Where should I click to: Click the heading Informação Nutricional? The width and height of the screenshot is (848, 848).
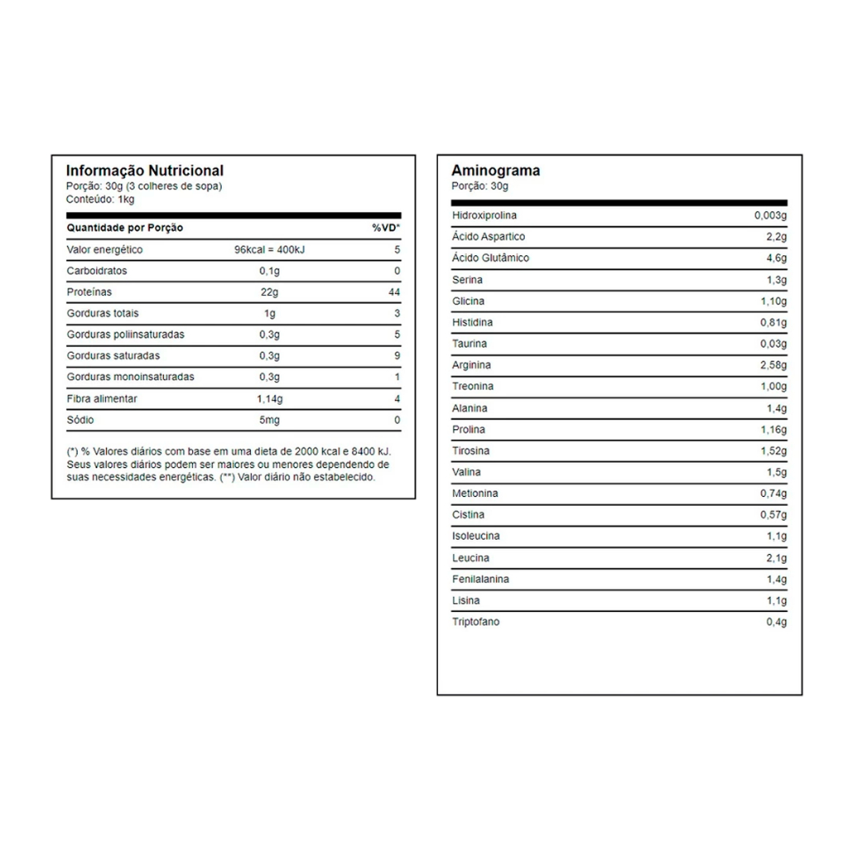point(144,171)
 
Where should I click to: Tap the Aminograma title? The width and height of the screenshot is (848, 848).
point(495,171)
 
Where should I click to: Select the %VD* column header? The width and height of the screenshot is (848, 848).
point(386,228)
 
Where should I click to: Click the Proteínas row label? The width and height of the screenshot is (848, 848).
point(89,292)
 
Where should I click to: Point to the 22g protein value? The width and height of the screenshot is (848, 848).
point(269,292)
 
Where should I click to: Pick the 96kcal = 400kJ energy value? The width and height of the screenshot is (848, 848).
point(269,249)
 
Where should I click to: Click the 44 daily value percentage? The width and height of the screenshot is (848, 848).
point(394,292)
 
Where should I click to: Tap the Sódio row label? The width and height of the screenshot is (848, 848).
point(80,420)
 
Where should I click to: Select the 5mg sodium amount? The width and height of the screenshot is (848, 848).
point(269,420)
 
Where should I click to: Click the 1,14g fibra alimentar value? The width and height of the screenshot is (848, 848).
point(269,398)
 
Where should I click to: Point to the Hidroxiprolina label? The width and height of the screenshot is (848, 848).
point(484,215)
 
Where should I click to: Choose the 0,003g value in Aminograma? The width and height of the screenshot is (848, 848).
point(770,215)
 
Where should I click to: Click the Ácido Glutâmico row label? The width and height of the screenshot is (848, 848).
point(490,258)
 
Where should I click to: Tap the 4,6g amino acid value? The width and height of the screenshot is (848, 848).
point(776,258)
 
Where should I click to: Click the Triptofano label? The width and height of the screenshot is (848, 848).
point(475,622)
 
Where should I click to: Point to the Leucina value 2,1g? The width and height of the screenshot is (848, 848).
point(776,558)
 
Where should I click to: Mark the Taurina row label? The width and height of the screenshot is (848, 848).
point(470,344)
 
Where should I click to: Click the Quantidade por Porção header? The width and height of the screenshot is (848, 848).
point(124,228)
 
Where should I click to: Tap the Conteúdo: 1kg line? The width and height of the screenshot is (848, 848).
point(100,199)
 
